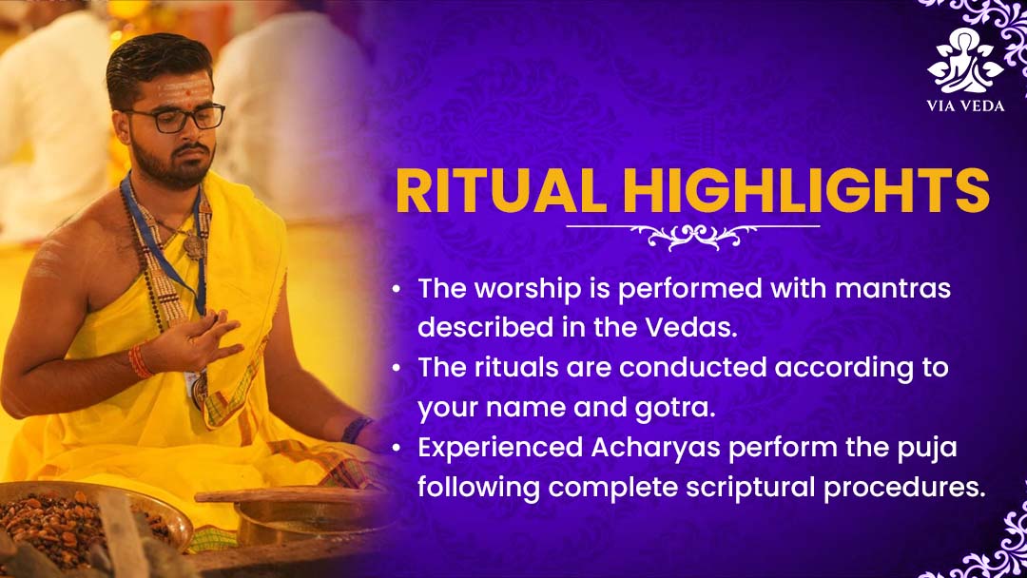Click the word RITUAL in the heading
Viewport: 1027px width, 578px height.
[501, 190]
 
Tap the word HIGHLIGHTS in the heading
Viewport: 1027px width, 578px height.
[806, 190]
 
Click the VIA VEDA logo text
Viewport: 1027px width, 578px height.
[965, 106]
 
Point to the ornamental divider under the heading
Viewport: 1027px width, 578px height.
[693, 235]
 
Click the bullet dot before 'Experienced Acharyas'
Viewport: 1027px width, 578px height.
[397, 448]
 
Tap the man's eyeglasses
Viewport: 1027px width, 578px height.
[175, 119]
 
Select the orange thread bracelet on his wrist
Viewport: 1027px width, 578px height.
[140, 360]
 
